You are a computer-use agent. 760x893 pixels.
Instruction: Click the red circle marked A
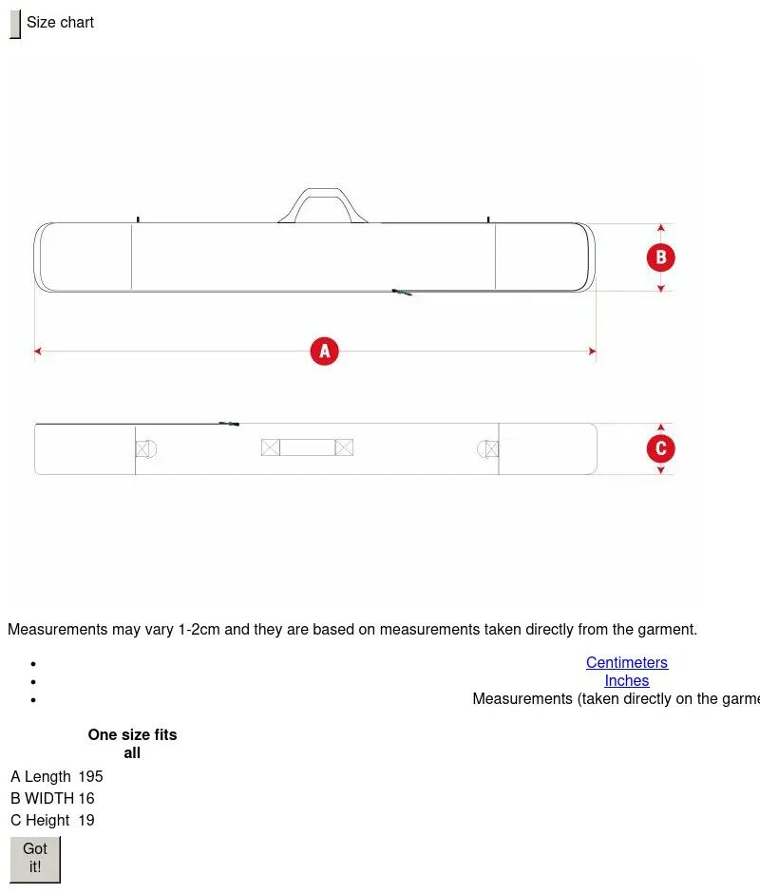click(x=324, y=351)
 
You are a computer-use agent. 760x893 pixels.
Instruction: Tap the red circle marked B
click(x=661, y=257)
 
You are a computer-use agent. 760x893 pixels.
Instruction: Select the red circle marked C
click(x=661, y=448)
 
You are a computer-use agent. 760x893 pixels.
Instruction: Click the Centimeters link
click(x=627, y=662)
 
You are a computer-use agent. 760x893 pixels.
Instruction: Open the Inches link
click(x=627, y=680)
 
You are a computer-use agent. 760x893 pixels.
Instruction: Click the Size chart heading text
click(x=60, y=22)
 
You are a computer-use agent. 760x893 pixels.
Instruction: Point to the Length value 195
click(x=90, y=776)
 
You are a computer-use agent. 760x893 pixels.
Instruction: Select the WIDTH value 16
click(x=86, y=798)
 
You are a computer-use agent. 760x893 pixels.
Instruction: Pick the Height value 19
click(x=86, y=820)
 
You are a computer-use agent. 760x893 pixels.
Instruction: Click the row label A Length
click(x=41, y=776)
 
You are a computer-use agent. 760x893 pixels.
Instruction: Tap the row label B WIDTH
click(x=42, y=798)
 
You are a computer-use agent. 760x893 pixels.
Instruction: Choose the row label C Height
click(x=40, y=820)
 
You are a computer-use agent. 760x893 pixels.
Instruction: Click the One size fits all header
click(x=132, y=743)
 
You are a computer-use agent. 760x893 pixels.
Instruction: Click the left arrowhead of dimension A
click(x=38, y=351)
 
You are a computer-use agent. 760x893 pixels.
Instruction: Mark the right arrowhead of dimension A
click(x=593, y=351)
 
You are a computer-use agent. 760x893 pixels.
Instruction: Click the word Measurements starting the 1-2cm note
click(x=58, y=629)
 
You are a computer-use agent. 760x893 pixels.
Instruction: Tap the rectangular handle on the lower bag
click(x=307, y=447)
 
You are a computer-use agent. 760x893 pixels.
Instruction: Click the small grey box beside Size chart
click(x=15, y=24)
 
